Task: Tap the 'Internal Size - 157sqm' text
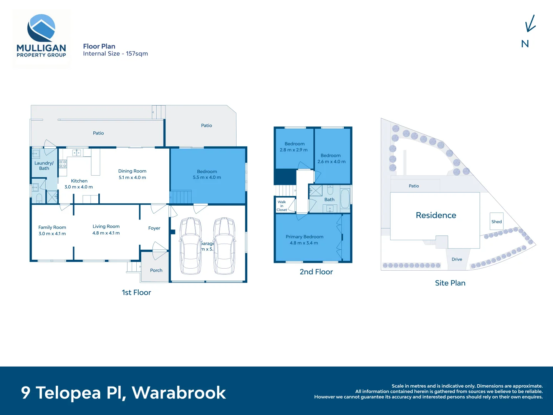coord(115,54)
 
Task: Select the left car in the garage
coord(191,246)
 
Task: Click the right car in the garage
coord(225,246)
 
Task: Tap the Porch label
coord(156,271)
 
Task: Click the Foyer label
coord(154,228)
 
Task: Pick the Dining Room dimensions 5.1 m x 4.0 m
coord(132,178)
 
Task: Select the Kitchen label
coord(79,181)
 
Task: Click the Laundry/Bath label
coord(44,166)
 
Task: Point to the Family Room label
coord(52,227)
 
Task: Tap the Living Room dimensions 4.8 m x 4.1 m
coord(106,233)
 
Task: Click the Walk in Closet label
coord(281,206)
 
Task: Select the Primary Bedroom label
coord(304,237)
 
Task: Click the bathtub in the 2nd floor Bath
coord(345,199)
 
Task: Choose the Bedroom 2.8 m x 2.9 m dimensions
coord(293,150)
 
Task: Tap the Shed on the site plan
coord(497,222)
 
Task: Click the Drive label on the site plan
coord(457,259)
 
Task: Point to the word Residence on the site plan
coord(436,216)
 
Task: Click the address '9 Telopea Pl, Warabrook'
coord(123,393)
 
